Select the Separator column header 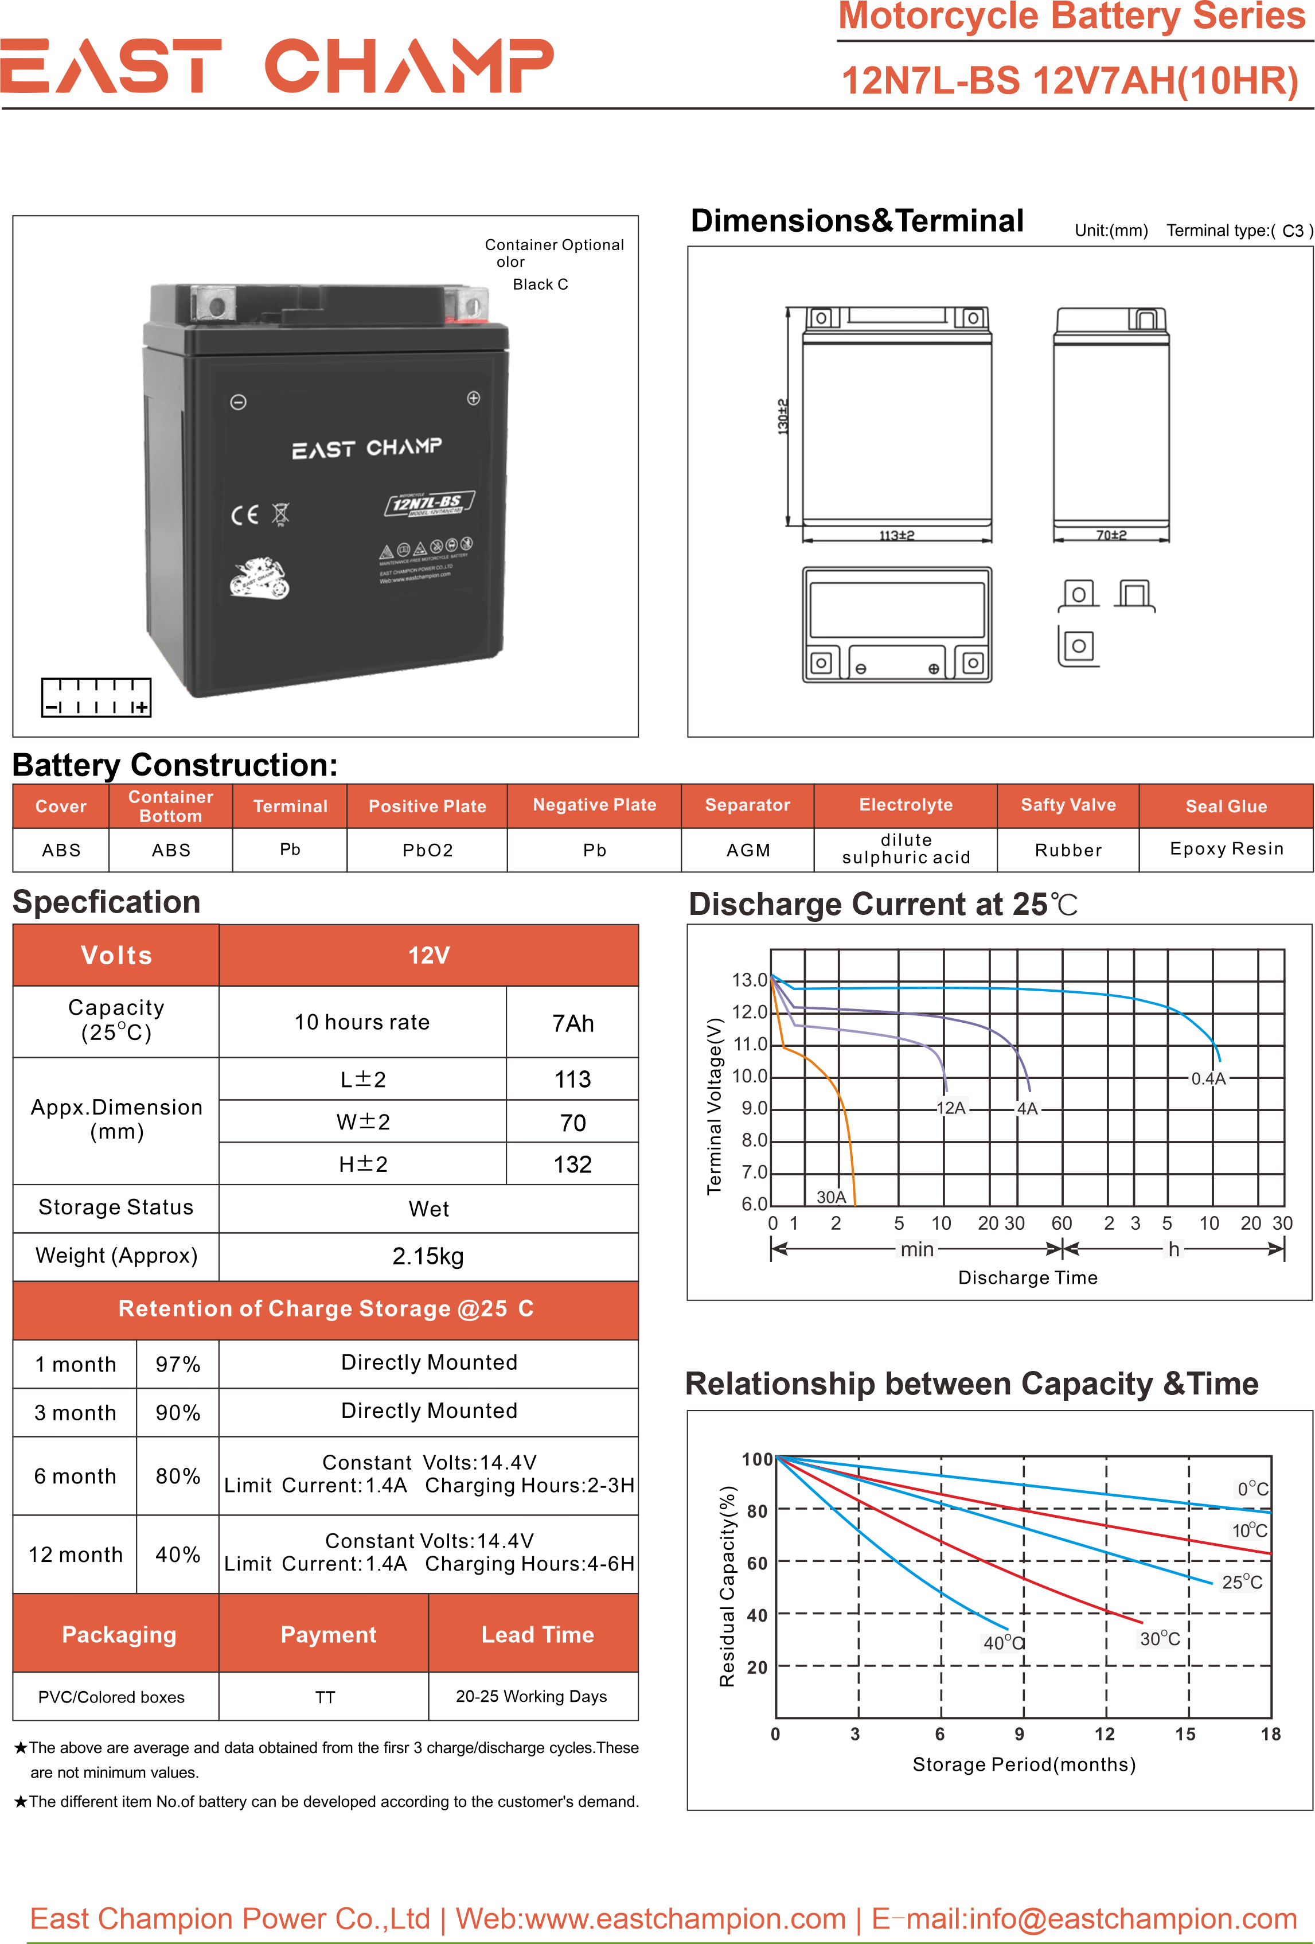click(747, 805)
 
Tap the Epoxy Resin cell click(1226, 849)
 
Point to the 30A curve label click(830, 1197)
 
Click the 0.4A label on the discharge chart click(1208, 1079)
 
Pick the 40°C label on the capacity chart click(1003, 1643)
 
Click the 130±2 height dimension click(783, 416)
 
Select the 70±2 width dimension click(1111, 535)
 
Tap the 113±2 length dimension click(896, 535)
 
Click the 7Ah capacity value click(572, 1023)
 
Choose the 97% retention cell click(177, 1364)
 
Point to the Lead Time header click(537, 1634)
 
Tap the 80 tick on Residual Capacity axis click(756, 1511)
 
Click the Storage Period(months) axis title click(1023, 1764)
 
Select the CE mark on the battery click(244, 515)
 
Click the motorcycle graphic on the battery click(260, 577)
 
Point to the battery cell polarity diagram click(96, 698)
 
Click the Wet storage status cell click(428, 1209)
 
